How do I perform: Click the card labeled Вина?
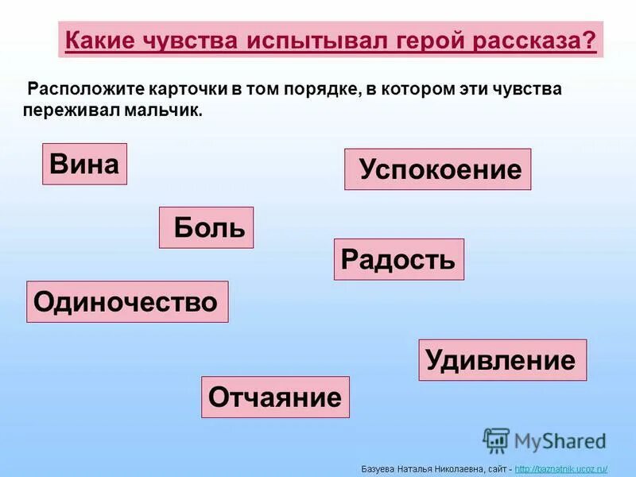point(84,164)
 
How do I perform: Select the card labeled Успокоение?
point(437,169)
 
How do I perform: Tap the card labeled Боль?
point(207,228)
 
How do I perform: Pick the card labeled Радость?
point(398,259)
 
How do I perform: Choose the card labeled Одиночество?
point(127,302)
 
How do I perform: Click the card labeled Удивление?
point(502,360)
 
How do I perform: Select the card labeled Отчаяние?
point(275,397)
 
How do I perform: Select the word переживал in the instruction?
point(72,111)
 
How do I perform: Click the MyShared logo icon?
point(496,440)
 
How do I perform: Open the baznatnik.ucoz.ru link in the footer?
point(561,469)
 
